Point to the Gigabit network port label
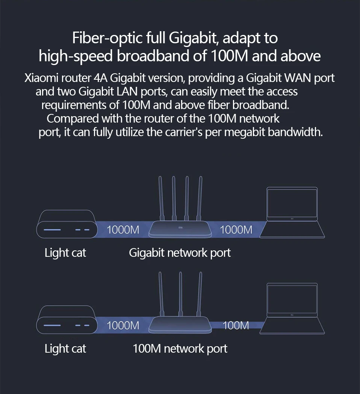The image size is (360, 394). pos(180,253)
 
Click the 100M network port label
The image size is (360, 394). pos(180,349)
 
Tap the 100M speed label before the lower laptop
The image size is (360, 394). pos(236,325)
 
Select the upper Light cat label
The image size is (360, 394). pos(65,253)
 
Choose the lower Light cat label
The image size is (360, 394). pos(65,349)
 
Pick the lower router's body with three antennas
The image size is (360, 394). pos(180,325)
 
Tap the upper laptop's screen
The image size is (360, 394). pos(292,204)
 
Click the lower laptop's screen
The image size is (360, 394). pos(292,300)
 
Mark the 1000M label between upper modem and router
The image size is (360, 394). pos(123,229)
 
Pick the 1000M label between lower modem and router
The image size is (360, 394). pos(123,325)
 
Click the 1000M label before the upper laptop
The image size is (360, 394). pos(236,229)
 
